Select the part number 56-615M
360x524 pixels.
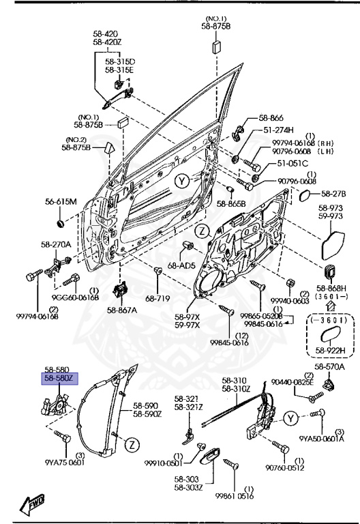[x=62, y=201]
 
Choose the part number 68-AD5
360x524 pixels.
[x=181, y=265]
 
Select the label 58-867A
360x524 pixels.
[x=121, y=310]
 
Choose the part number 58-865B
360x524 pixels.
[x=231, y=204]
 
